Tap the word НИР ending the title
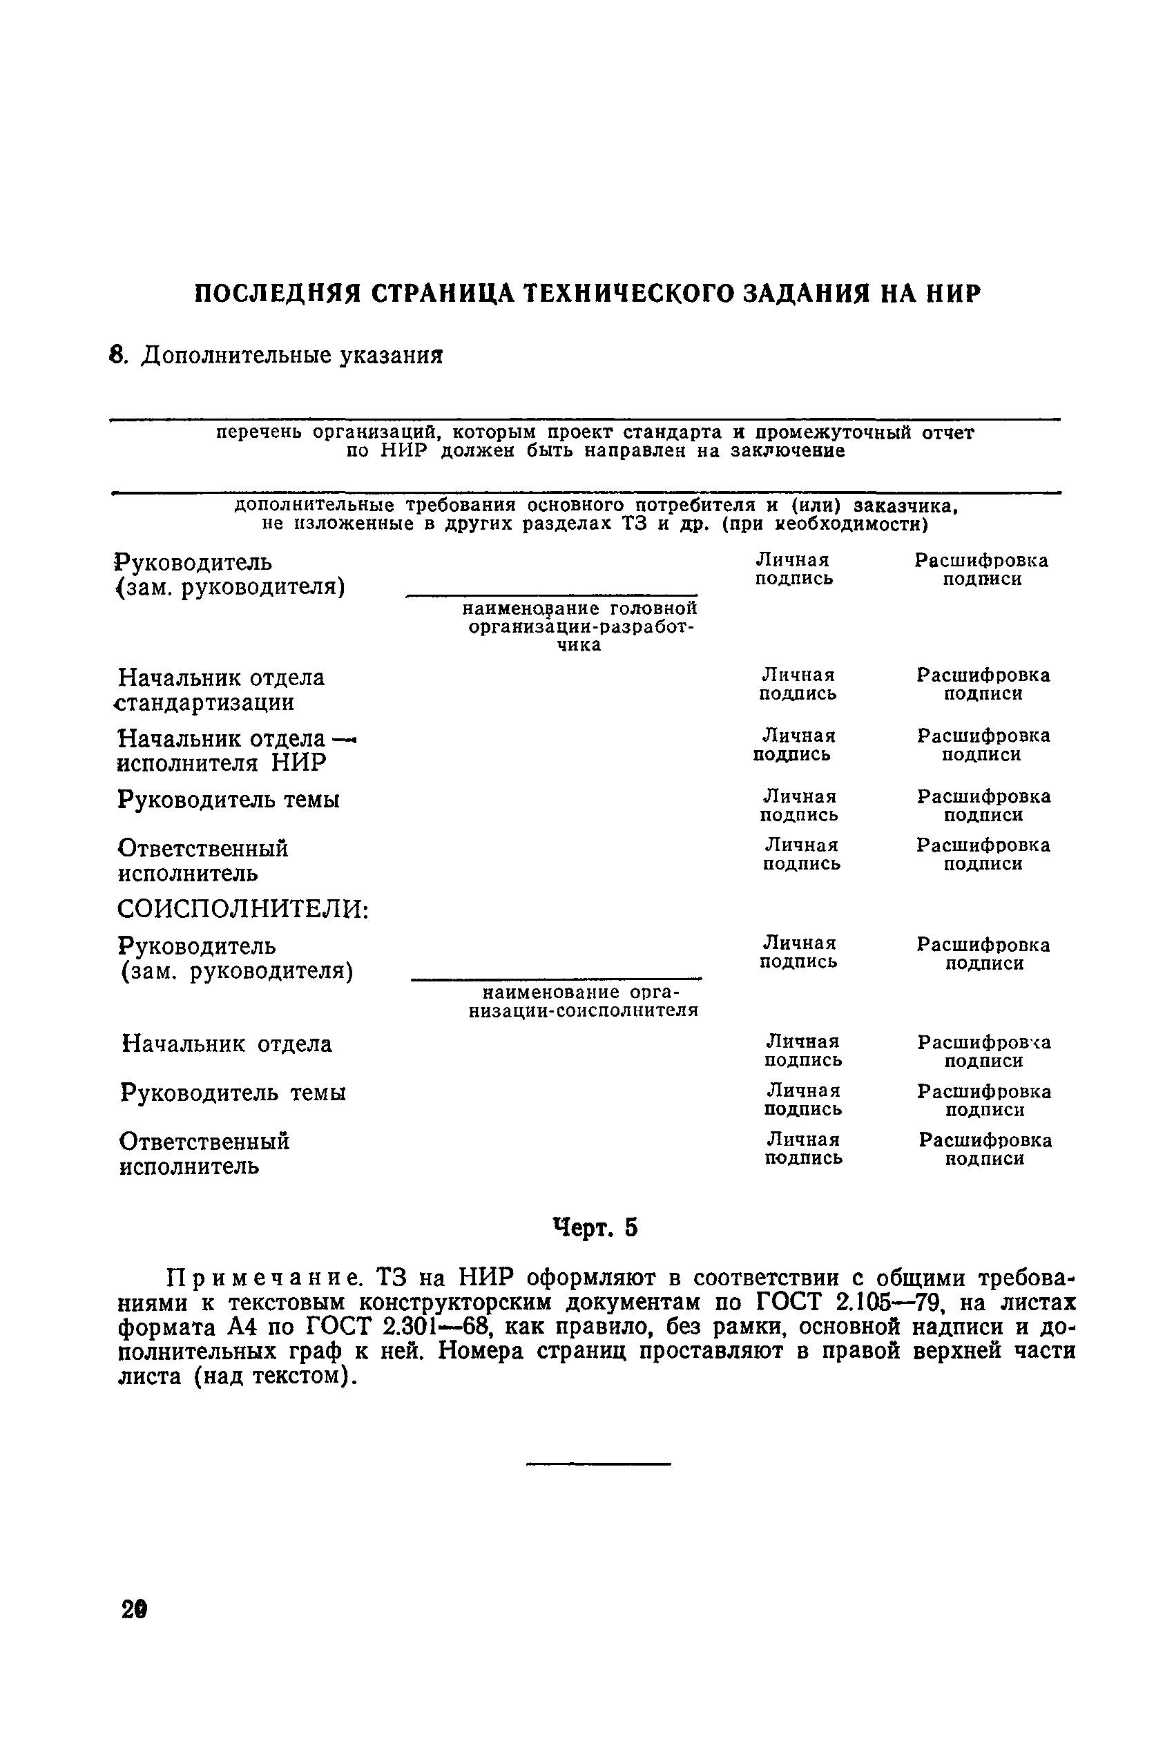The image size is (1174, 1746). pos(953,293)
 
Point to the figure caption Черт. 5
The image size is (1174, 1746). pos(595,1228)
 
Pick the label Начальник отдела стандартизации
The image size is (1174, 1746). pos(222,689)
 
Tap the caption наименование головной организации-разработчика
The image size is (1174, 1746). pos(580,626)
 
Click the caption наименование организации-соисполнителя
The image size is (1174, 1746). pos(588,1001)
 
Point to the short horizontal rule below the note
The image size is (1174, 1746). pos(598,1464)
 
